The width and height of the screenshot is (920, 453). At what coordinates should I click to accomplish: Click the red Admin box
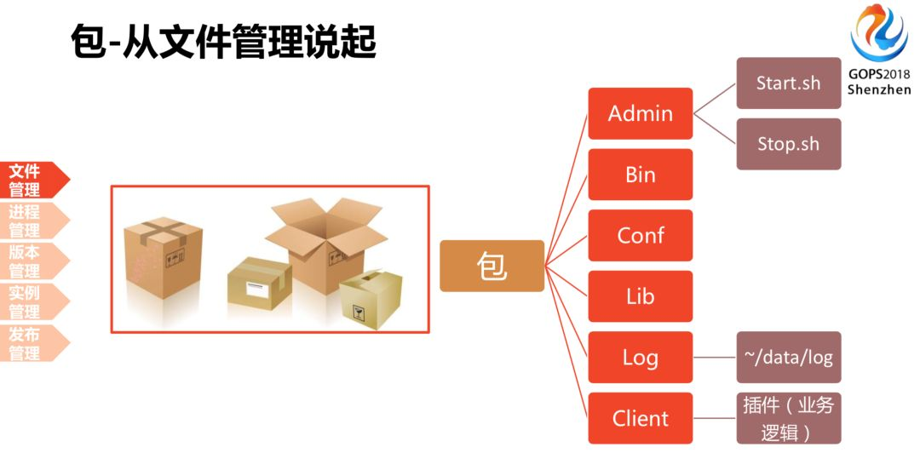pyautogui.click(x=641, y=113)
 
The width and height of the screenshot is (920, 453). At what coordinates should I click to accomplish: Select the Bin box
pyautogui.click(x=641, y=175)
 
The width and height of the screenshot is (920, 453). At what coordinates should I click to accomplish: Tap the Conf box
pyautogui.click(x=641, y=235)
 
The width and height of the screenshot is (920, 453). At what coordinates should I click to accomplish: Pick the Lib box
pyautogui.click(x=641, y=296)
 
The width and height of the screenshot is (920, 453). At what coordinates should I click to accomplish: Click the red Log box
pyautogui.click(x=641, y=357)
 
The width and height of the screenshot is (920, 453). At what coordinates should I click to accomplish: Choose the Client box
pyautogui.click(x=641, y=418)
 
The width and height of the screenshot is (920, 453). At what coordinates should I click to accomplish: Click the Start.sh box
pyautogui.click(x=788, y=83)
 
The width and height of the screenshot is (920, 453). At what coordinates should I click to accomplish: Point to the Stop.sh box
pyautogui.click(x=788, y=144)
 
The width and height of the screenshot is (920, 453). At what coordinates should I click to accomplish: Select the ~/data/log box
pyautogui.click(x=788, y=357)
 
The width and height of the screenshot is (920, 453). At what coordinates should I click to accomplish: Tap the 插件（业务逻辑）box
pyautogui.click(x=788, y=418)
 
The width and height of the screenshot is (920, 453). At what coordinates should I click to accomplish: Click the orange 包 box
pyautogui.click(x=492, y=266)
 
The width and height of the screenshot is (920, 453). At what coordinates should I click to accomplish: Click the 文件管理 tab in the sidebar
pyautogui.click(x=29, y=180)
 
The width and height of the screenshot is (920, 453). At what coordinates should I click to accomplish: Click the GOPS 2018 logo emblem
pyautogui.click(x=878, y=33)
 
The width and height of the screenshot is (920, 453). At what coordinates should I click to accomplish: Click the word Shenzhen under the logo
pyautogui.click(x=878, y=89)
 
